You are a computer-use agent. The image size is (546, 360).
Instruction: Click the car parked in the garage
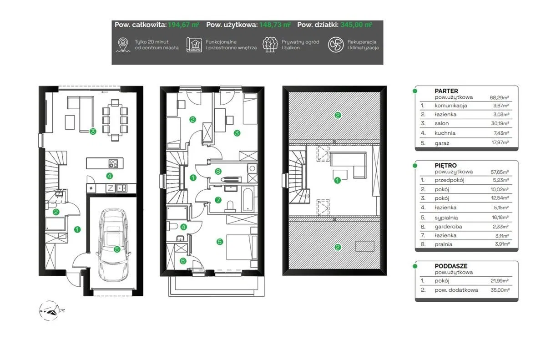point(114,245)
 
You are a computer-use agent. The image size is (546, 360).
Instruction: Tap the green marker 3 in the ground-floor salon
point(93,132)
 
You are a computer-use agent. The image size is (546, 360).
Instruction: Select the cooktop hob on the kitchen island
point(113,163)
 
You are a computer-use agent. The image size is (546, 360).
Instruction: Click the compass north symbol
point(51,310)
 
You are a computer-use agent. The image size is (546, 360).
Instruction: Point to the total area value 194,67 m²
point(183,25)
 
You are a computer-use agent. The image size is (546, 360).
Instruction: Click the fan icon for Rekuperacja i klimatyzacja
point(336,45)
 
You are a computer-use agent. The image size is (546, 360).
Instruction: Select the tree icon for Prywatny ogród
point(270,45)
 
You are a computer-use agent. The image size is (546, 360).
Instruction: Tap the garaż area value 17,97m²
point(500,142)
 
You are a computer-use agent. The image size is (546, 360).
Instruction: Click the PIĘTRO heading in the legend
point(445,166)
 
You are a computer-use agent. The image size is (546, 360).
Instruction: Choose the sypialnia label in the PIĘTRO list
point(446,218)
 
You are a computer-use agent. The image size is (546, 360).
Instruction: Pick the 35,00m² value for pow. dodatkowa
point(500,290)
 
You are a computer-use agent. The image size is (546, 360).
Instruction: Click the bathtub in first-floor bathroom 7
point(248,200)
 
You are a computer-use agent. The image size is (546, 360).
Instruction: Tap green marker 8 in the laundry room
point(218,171)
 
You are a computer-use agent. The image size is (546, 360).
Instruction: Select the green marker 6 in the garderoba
point(183,261)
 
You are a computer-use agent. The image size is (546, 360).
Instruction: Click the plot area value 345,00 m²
point(356,25)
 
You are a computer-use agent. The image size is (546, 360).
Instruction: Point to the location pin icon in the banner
point(123,45)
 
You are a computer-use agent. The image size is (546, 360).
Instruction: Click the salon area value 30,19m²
point(500,123)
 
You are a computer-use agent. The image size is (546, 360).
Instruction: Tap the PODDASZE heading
point(451,266)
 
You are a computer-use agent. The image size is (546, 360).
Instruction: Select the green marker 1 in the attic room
point(337,180)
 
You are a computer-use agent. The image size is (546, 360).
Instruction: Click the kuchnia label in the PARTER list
point(445,133)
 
